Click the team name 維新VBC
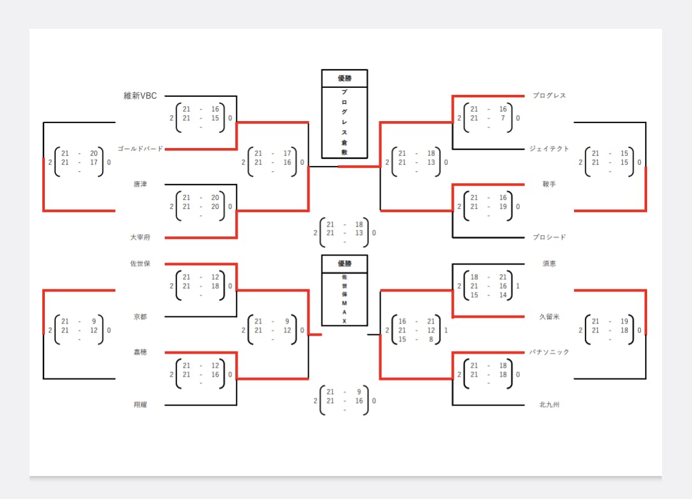(x=140, y=96)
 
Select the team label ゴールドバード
(x=140, y=149)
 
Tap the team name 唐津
(x=140, y=184)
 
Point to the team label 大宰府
(x=140, y=238)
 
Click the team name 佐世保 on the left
(x=140, y=264)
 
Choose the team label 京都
(x=140, y=316)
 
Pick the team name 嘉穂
(x=140, y=352)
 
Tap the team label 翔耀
(x=140, y=405)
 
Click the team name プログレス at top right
(x=549, y=96)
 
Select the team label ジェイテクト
(x=549, y=149)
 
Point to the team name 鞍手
(x=549, y=184)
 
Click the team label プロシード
(x=549, y=238)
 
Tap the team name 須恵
(x=549, y=264)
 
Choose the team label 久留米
(x=549, y=316)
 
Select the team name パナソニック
(x=549, y=352)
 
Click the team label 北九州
(x=549, y=405)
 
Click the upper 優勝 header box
(x=344, y=78)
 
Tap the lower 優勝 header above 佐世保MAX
(x=344, y=264)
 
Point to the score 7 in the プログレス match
(x=503, y=118)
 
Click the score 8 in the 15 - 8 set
(x=431, y=339)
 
